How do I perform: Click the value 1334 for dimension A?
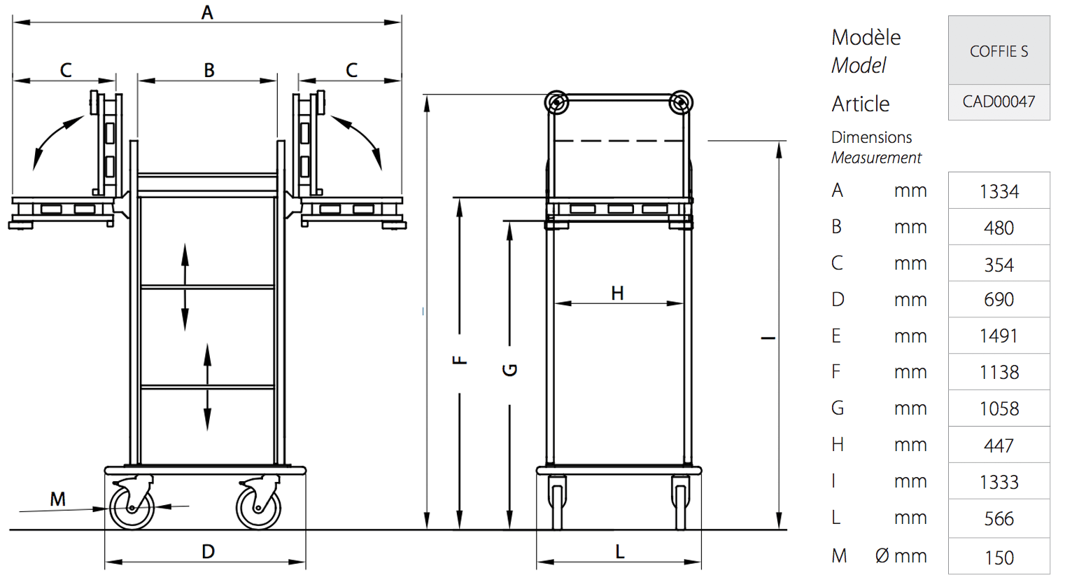[999, 192]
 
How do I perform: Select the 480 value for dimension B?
[999, 228]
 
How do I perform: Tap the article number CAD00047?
[999, 102]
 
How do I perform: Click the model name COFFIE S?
[999, 51]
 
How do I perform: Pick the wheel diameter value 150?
[999, 558]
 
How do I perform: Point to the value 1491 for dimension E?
[999, 336]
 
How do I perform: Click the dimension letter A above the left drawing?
[207, 13]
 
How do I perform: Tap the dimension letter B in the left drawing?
[209, 71]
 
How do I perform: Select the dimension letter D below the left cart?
[208, 552]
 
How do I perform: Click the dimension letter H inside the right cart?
[617, 293]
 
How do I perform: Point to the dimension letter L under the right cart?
[619, 552]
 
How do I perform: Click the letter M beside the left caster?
[57, 499]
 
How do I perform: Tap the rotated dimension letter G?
[509, 370]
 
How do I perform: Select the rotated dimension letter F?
[460, 360]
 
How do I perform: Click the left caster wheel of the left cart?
[132, 508]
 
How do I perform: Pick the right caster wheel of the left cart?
[258, 508]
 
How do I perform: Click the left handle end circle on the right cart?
[557, 102]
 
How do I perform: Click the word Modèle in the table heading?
[866, 37]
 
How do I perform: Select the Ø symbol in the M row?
[882, 555]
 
